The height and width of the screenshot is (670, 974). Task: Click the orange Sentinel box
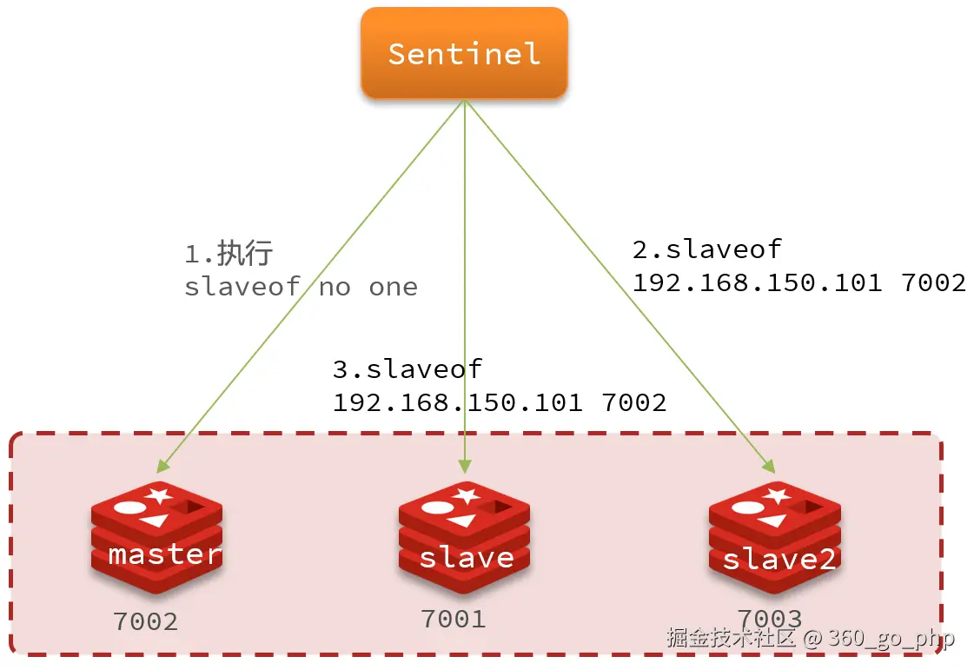tap(464, 53)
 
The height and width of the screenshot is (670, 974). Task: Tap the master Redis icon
tap(156, 536)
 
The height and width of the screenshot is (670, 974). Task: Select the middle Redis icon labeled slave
tap(465, 536)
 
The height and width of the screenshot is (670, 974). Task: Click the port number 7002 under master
tap(145, 621)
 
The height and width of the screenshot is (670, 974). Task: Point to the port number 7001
tap(453, 618)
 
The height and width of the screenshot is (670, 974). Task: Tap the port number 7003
tap(769, 618)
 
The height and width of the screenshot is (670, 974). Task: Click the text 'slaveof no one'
tap(301, 287)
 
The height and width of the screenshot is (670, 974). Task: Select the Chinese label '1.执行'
tap(229, 254)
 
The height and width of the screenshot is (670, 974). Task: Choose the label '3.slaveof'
tap(407, 368)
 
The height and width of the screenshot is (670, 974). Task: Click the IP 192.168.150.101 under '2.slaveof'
tap(757, 282)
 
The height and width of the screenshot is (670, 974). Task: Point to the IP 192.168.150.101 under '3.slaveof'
tap(457, 402)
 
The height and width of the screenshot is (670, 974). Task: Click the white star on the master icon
tap(160, 496)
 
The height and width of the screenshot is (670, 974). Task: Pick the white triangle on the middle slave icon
tap(462, 520)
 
